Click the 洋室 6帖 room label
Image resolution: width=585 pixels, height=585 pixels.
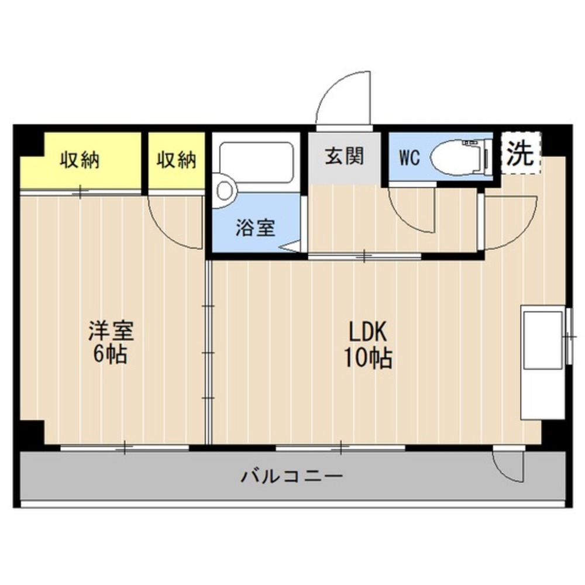point(111,342)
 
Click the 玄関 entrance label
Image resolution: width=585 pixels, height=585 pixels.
point(345,156)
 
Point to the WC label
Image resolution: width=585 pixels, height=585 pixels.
point(409,159)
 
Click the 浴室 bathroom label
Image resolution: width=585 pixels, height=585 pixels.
point(255,228)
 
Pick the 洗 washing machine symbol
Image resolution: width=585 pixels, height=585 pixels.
point(520,153)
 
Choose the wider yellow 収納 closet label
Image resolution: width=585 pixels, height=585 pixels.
point(80,160)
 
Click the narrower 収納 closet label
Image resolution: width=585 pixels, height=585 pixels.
point(176,160)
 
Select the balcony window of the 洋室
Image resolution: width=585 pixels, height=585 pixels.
point(125,448)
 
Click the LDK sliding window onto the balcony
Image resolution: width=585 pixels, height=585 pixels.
point(340,448)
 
